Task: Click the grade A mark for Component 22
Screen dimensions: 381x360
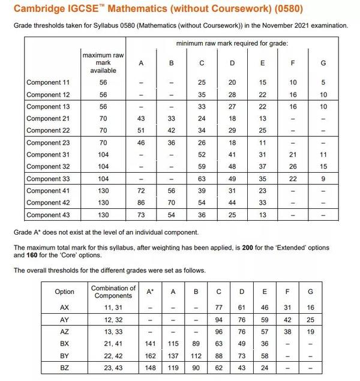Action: coord(141,130)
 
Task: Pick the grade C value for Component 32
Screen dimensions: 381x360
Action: coord(202,166)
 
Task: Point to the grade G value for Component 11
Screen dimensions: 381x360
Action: coord(323,82)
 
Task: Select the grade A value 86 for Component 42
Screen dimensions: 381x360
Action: coord(141,202)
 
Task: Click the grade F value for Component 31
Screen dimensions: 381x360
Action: coord(293,154)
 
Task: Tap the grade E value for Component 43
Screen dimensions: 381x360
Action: coord(262,214)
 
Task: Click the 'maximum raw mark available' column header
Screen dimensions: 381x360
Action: coord(103,62)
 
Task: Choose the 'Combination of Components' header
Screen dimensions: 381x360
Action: coord(113,292)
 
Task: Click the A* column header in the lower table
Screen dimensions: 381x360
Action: coord(150,292)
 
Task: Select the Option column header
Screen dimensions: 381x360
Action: coord(64,292)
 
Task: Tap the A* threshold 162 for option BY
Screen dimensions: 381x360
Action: coord(150,355)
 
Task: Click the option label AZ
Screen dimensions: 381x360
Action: coord(64,331)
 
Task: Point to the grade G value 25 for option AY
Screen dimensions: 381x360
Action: coord(310,319)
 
